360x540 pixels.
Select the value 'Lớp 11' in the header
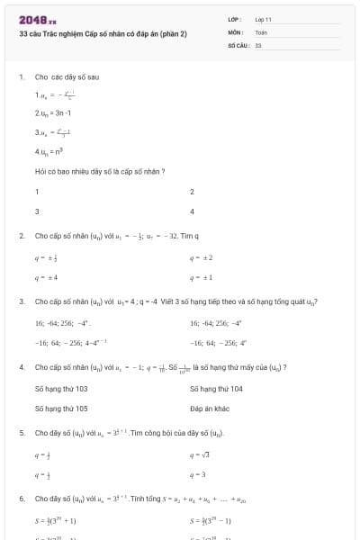pyautogui.click(x=264, y=19)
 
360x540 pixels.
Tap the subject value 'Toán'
pyautogui.click(x=261, y=31)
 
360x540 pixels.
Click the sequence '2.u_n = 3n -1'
pyautogui.click(x=53, y=112)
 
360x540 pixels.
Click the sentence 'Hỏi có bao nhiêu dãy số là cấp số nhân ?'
pyautogui.click(x=99, y=171)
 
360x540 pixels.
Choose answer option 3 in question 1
pyautogui.click(x=37, y=211)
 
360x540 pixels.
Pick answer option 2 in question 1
pyautogui.click(x=193, y=192)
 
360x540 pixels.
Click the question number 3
pyautogui.click(x=21, y=301)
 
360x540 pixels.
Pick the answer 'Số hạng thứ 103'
pyautogui.click(x=61, y=389)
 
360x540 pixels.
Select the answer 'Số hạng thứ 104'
pyautogui.click(x=217, y=389)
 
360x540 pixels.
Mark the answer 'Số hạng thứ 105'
pyautogui.click(x=61, y=408)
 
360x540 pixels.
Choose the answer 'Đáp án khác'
pyautogui.click(x=211, y=408)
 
